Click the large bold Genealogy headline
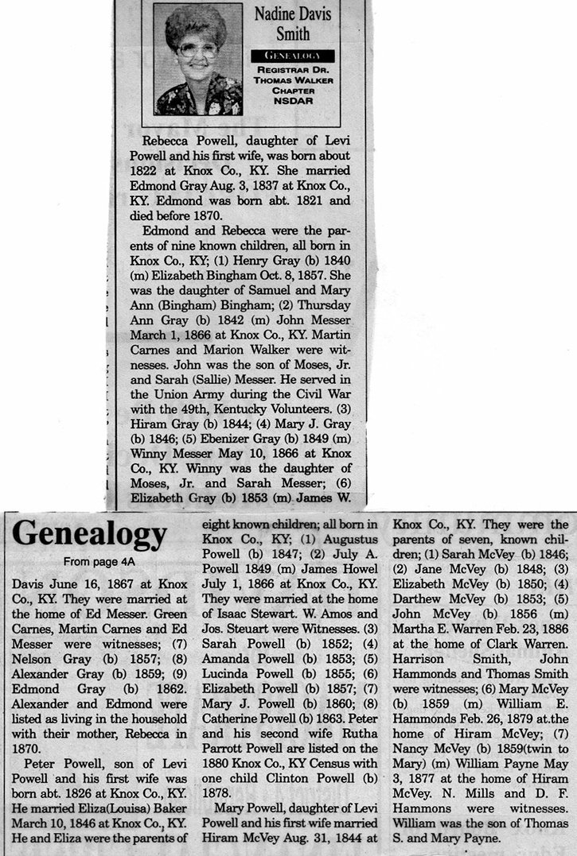[89, 533]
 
